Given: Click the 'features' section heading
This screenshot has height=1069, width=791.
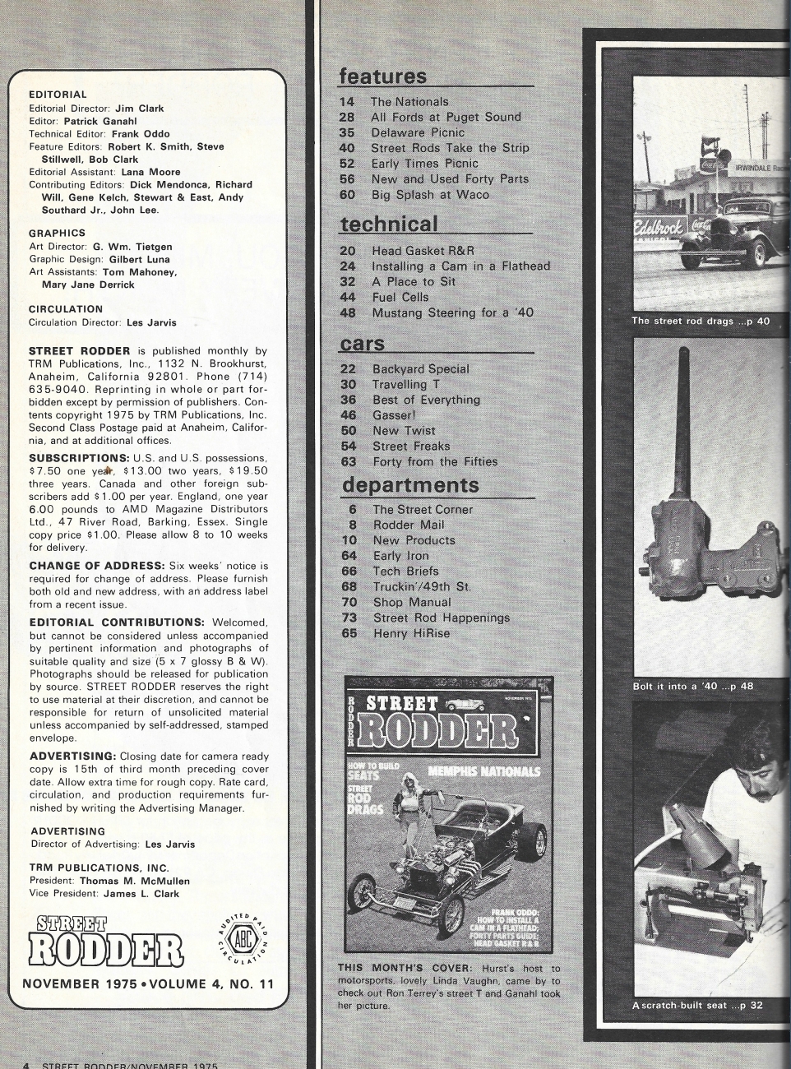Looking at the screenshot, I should pyautogui.click(x=383, y=76).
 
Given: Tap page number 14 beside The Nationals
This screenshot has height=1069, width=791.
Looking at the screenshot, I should pyautogui.click(x=347, y=102).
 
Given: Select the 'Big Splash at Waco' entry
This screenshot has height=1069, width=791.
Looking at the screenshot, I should pyautogui.click(x=430, y=195).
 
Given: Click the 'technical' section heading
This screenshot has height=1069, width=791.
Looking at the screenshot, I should pyautogui.click(x=389, y=224).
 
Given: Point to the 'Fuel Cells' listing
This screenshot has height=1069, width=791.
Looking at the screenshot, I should pyautogui.click(x=400, y=297).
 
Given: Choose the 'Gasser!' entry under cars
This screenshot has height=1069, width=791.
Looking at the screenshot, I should pyautogui.click(x=394, y=415).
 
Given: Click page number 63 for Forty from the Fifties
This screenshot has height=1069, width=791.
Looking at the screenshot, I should pyautogui.click(x=348, y=461).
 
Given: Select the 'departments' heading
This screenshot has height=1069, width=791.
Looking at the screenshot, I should pyautogui.click(x=410, y=484).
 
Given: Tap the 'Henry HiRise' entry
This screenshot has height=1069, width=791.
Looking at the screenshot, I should pyautogui.click(x=411, y=633).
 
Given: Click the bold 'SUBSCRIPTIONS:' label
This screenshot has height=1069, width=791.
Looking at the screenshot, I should pyautogui.click(x=79, y=458).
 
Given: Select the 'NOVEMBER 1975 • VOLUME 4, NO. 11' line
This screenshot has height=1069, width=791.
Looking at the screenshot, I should pyautogui.click(x=148, y=983).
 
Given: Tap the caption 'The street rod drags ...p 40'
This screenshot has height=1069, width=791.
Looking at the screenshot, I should pyautogui.click(x=701, y=321).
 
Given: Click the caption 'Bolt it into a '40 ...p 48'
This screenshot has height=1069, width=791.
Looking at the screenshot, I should pyautogui.click(x=692, y=686).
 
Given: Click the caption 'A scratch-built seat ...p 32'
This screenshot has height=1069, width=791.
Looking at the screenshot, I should pyautogui.click(x=697, y=1005).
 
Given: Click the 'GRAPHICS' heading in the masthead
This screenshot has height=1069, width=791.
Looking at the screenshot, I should pyautogui.click(x=57, y=234).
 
